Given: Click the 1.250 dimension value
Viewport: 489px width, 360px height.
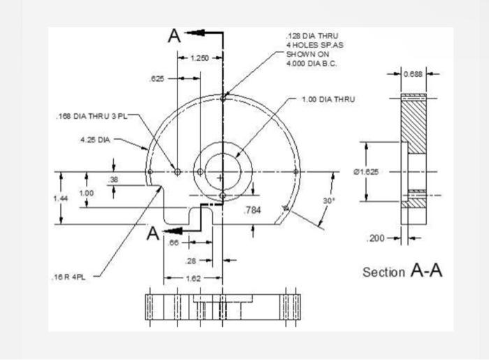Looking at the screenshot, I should point(200,58).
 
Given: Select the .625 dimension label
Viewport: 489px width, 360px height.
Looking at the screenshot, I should point(157,80).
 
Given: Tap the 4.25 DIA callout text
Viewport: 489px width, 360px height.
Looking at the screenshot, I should point(95,140).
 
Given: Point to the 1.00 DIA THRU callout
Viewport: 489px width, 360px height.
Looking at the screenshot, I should point(328,99).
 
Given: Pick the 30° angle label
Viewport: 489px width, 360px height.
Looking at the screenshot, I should point(329,201).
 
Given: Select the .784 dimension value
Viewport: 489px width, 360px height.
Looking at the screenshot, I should point(251,210).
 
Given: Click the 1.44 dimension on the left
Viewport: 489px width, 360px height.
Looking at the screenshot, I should point(61,199).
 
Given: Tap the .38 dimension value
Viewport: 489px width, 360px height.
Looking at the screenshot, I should point(114,180).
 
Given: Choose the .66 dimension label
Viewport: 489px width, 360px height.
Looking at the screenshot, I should point(175,243).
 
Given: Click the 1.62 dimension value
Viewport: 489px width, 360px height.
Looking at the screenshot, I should point(193,278).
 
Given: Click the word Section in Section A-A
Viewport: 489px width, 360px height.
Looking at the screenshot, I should point(384,272).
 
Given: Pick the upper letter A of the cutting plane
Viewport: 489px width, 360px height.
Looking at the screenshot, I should point(175,36).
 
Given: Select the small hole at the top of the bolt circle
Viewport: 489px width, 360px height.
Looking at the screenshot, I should point(223,99).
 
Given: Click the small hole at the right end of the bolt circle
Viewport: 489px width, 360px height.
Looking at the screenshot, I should point(295,171).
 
